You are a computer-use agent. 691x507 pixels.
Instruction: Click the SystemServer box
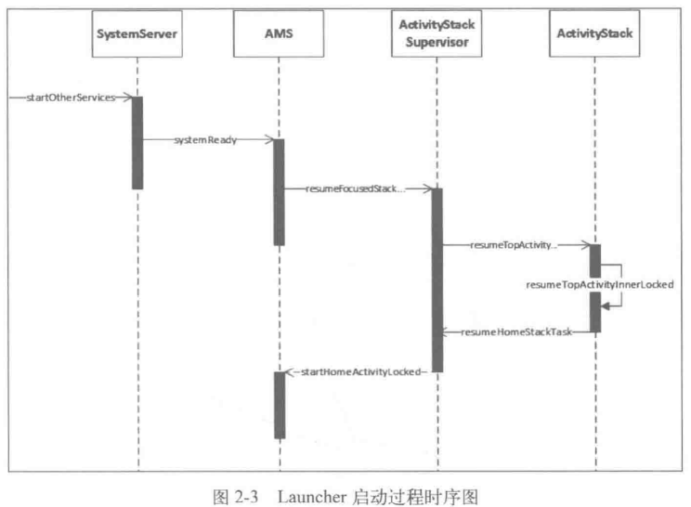[x=137, y=34]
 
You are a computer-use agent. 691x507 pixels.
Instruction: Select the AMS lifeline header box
[x=279, y=34]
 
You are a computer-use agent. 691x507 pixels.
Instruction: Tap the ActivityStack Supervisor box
[x=437, y=34]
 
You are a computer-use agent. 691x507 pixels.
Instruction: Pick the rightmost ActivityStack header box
[x=594, y=34]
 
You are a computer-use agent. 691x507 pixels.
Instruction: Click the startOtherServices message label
[x=71, y=97]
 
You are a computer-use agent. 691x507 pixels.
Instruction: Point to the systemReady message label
[x=205, y=140]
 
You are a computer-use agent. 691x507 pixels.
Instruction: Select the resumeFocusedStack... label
[x=355, y=189]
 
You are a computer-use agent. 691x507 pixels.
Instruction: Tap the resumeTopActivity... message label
[x=514, y=245]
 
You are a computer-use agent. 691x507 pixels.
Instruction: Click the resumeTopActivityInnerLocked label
[x=600, y=284]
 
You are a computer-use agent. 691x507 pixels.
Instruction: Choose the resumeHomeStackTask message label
[x=516, y=331]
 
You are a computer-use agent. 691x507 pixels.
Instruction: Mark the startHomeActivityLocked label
[x=361, y=371]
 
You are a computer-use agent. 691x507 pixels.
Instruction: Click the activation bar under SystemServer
[x=137, y=143]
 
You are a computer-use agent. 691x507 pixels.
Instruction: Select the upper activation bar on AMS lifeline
[x=279, y=192]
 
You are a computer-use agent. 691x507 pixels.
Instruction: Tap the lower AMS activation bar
[x=280, y=405]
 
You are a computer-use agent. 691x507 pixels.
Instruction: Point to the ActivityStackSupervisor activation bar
[x=437, y=280]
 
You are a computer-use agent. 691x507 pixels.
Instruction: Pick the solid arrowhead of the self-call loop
[x=606, y=305]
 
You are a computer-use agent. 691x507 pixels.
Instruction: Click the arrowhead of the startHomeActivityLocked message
[x=290, y=372]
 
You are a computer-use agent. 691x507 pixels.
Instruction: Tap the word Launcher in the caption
[x=312, y=497]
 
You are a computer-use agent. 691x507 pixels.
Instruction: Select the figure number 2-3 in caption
[x=246, y=497]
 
